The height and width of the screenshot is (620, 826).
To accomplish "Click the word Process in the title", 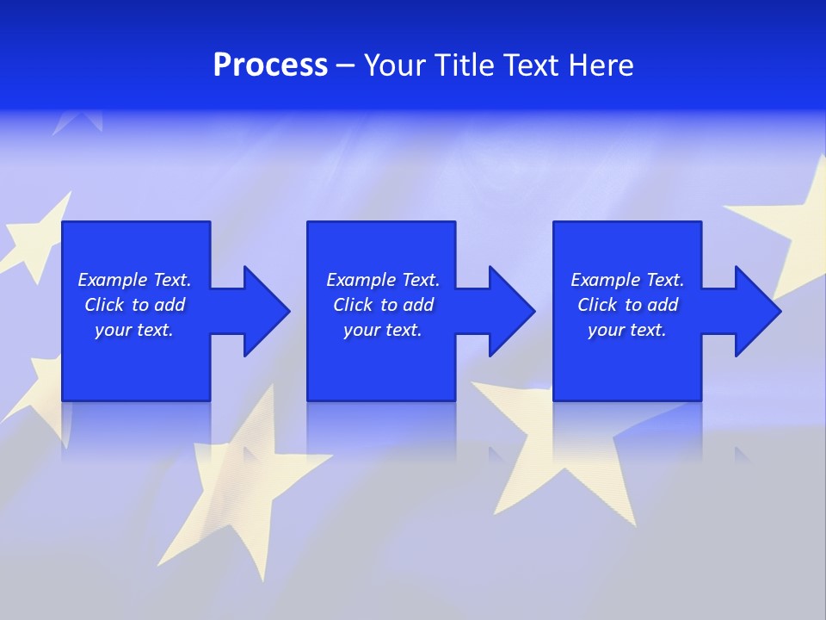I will tap(270, 65).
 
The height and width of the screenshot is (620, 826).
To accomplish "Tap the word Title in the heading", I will tap(465, 65).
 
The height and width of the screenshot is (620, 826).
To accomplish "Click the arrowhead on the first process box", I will tap(263, 311).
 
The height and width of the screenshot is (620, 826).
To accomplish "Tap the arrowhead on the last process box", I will tap(755, 311).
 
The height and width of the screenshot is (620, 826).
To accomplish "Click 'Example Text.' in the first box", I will tap(134, 280).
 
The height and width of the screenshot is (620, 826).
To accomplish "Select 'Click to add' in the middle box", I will tap(383, 305).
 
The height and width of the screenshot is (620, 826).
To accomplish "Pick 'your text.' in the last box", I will tap(626, 330).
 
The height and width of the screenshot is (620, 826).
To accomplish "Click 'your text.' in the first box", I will tap(134, 330).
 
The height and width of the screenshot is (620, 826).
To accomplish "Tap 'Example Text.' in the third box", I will tap(627, 280).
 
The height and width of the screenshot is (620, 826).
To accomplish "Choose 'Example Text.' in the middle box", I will tap(383, 280).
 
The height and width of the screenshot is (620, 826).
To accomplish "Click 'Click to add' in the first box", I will tap(134, 305).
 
